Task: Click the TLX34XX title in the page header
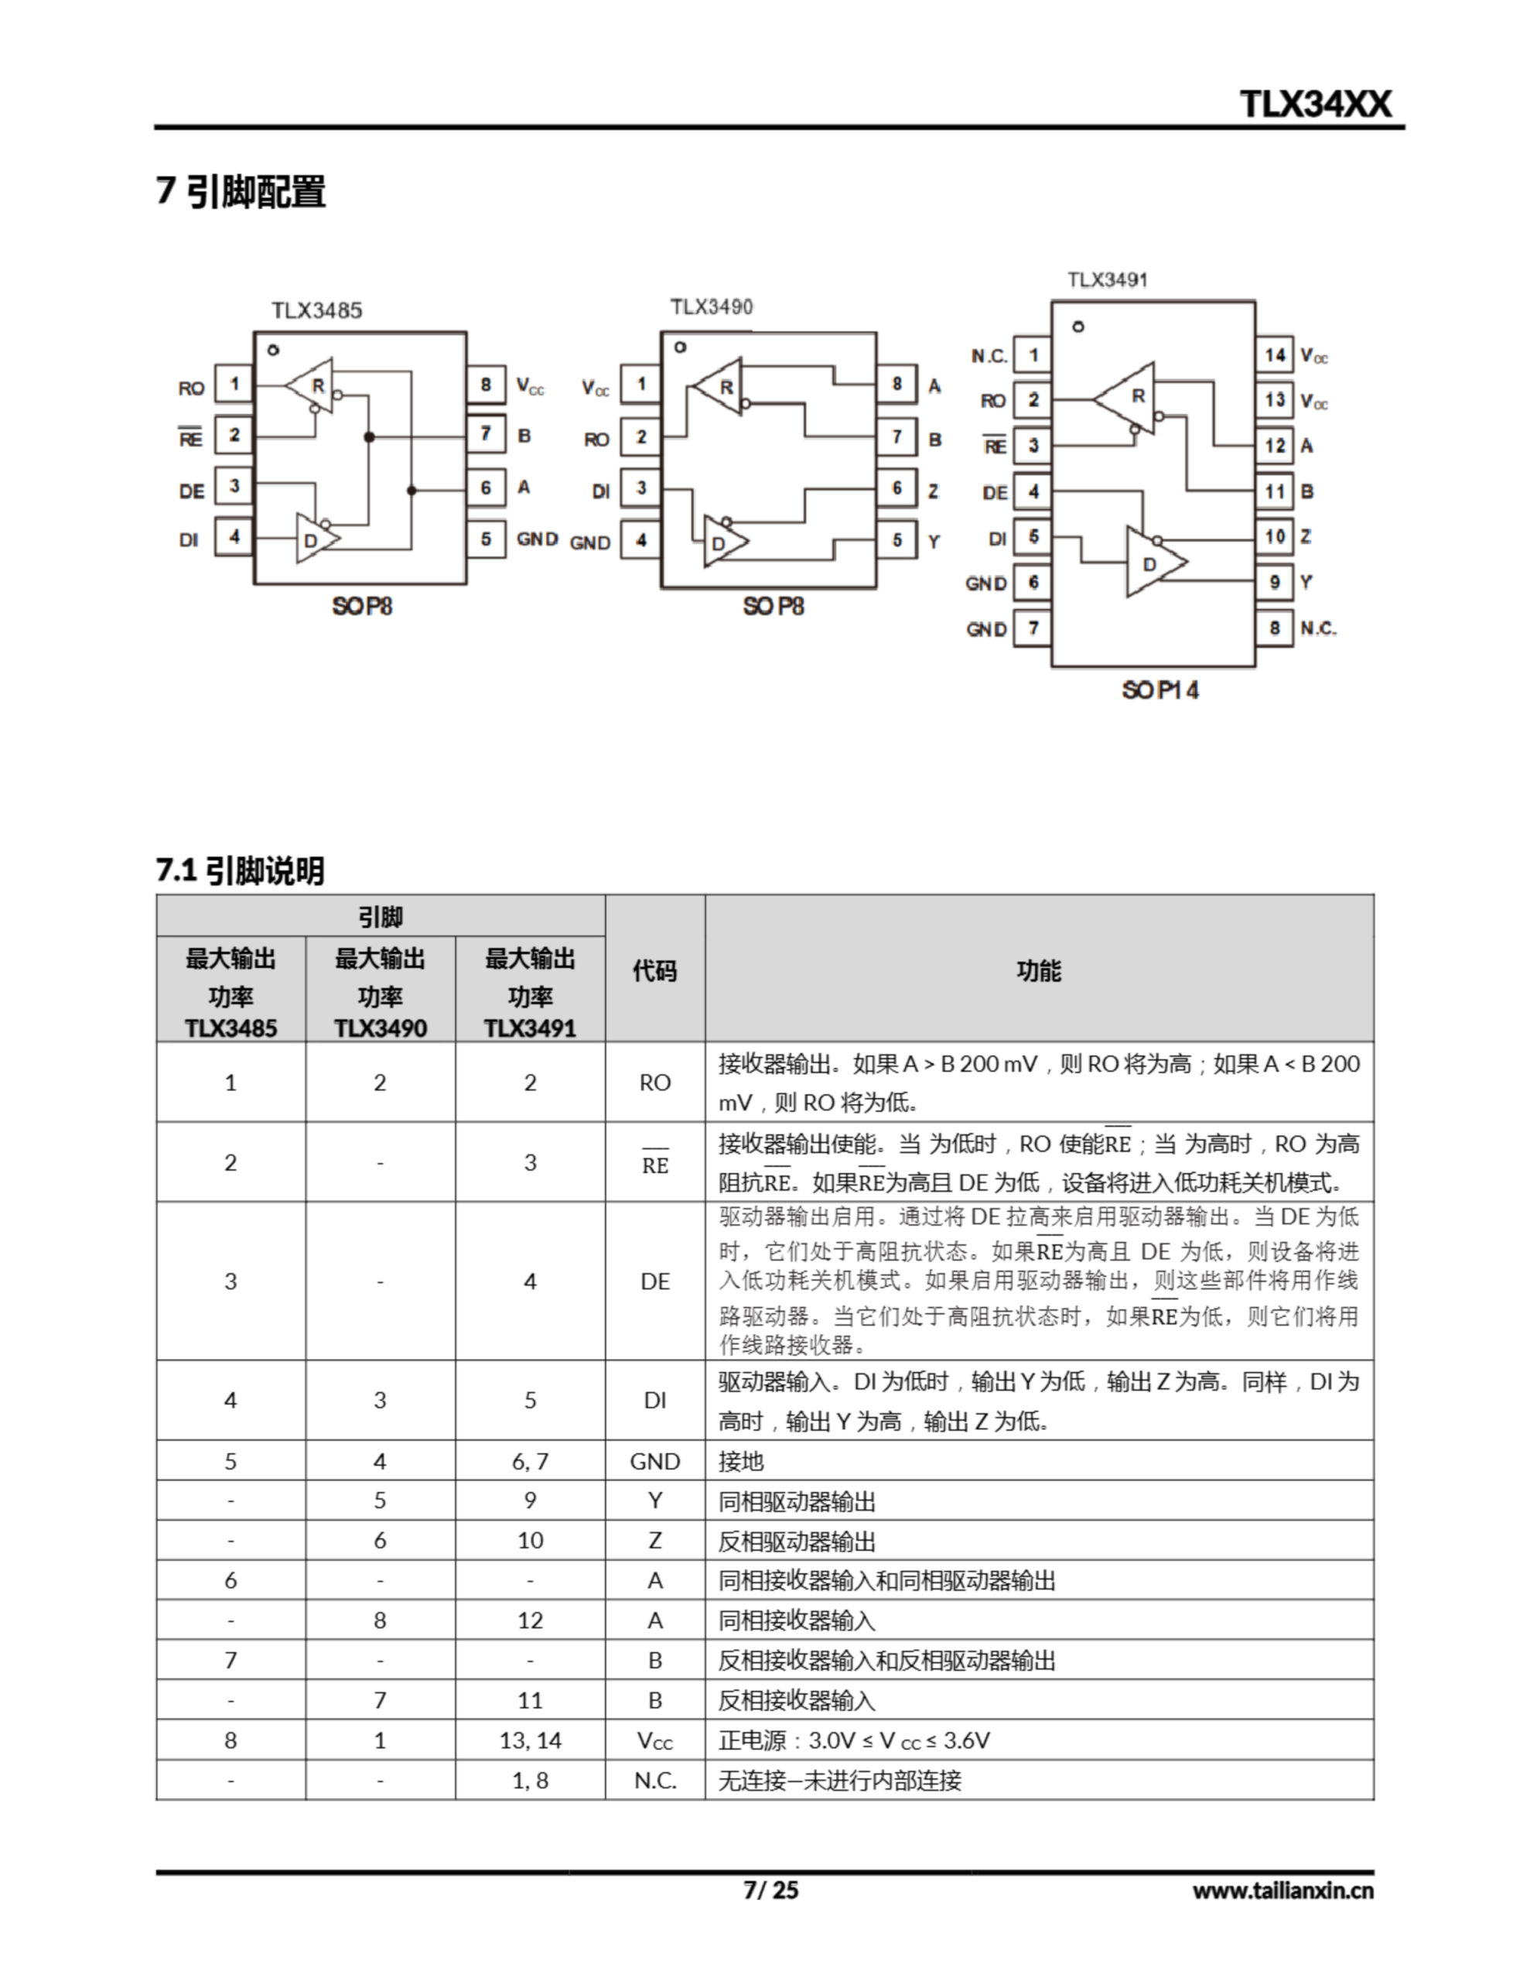1314,104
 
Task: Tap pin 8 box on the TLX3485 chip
486,385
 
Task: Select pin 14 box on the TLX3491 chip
1274,354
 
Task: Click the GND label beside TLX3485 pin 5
537,539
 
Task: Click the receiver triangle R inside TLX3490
722,388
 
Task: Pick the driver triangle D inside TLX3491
1152,563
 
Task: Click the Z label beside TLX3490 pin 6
933,491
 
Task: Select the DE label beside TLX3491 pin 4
994,492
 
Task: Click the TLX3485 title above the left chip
316,311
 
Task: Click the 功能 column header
1039,970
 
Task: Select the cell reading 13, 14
530,1740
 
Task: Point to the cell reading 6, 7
530,1461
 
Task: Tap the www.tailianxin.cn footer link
1282,1890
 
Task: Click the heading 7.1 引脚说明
241,871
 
